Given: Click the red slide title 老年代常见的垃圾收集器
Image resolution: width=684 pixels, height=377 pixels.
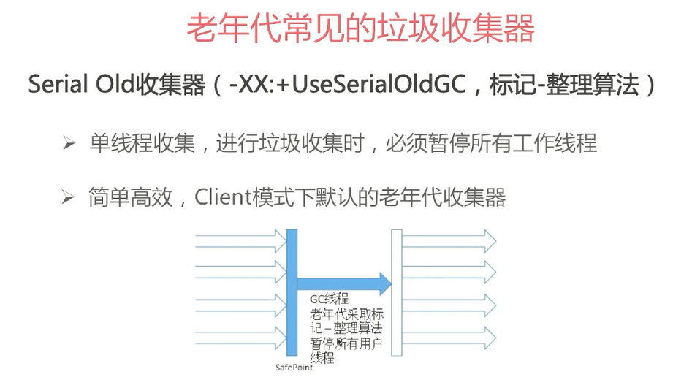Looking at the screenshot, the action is (360, 28).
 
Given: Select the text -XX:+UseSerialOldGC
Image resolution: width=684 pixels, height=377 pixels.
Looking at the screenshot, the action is (348, 84).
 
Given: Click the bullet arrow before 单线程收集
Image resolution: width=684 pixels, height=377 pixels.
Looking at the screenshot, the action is (69, 143).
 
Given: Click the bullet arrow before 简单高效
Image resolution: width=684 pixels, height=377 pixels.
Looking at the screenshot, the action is (68, 197).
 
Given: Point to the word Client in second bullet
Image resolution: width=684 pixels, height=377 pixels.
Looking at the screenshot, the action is (224, 197).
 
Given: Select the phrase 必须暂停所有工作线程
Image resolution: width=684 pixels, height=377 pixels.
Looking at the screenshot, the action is (491, 143).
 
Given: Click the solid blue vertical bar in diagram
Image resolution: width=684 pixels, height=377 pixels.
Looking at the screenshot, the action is (292, 292).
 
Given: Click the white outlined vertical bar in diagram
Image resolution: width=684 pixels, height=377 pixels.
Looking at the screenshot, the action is (397, 292).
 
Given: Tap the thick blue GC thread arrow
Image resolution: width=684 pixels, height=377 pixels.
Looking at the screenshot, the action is (344, 283).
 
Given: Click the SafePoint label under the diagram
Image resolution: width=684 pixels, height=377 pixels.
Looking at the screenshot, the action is (294, 368).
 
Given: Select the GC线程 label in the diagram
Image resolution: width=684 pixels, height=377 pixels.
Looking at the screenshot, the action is (330, 299).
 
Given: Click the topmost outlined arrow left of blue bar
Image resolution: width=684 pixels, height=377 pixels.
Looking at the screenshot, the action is (241, 241).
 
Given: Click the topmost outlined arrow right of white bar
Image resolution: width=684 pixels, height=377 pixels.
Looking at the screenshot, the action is (449, 241).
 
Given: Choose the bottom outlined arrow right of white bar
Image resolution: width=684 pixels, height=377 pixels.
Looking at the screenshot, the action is (449, 338).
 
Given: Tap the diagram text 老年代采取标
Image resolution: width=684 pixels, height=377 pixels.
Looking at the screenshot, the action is (347, 314).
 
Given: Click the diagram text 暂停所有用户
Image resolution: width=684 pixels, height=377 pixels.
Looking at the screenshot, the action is (346, 343).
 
